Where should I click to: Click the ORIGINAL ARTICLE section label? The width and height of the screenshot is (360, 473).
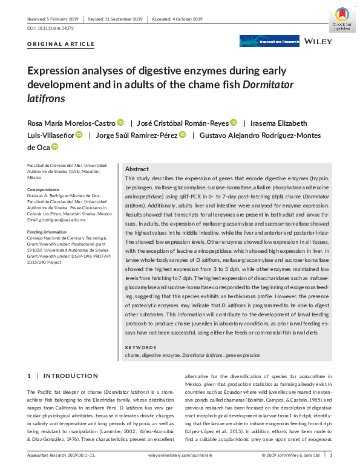click(x=61, y=44)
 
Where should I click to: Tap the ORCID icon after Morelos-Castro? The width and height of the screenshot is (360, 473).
click(x=120, y=122)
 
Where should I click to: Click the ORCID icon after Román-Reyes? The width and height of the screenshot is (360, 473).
click(x=234, y=122)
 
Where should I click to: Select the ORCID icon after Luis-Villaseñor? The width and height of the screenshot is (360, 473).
click(x=79, y=134)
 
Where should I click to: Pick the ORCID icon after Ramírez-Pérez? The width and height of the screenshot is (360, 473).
click(x=182, y=134)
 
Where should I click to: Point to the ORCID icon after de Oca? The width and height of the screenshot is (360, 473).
click(x=54, y=146)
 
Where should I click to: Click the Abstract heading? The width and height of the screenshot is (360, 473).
click(x=137, y=170)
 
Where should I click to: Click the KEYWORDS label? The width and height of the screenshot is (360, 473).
click(x=140, y=347)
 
